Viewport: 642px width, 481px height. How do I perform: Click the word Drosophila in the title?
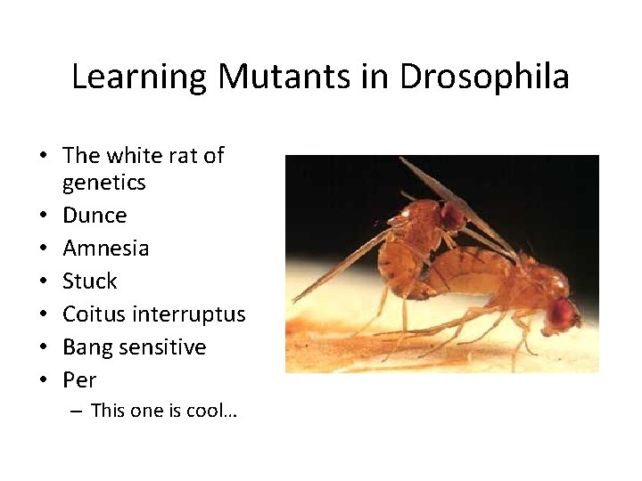pos(484,77)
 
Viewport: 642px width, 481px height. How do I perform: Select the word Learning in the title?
pos(139,77)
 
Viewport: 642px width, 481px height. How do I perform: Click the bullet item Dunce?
pos(95,216)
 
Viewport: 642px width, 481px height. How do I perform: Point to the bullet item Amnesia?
pos(105,249)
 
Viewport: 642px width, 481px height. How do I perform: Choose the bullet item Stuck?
pos(89,281)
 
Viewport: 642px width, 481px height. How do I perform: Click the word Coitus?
pos(94,314)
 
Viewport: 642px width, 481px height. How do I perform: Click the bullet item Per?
pos(79,380)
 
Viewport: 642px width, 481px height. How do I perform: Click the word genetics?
pos(103,183)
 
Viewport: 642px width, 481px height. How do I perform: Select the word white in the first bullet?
pos(134,156)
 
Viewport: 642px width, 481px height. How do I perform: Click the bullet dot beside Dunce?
pos(43,216)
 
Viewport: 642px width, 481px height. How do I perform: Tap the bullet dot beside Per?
pos(43,381)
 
